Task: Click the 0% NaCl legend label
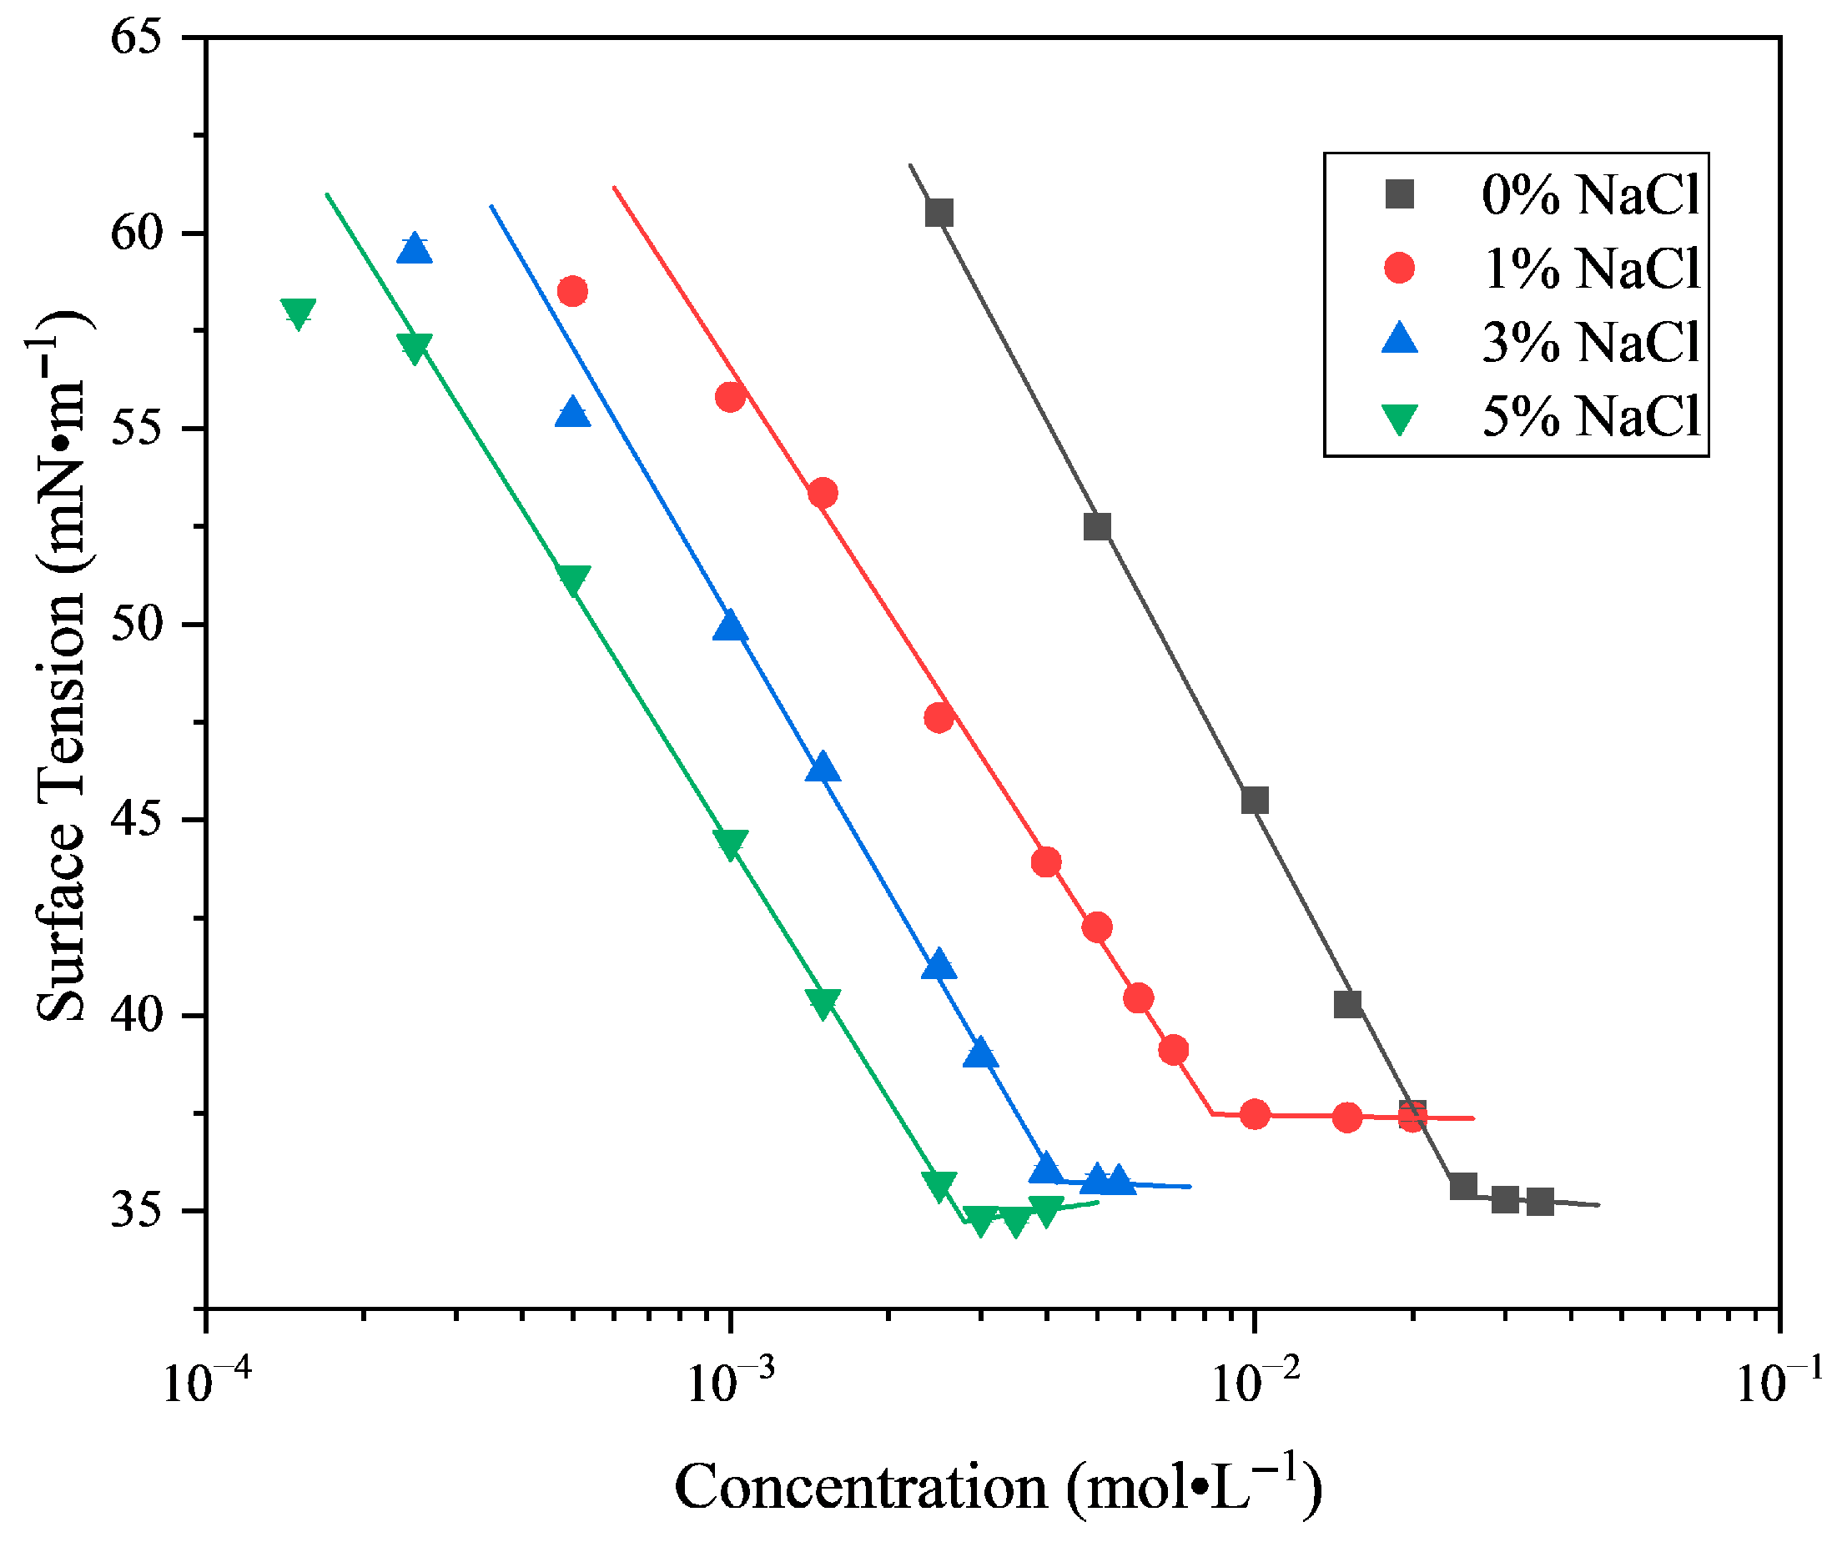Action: pyautogui.click(x=1589, y=194)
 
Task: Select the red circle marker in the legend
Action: pyautogui.click(x=1399, y=267)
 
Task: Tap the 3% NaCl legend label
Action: pyautogui.click(x=1589, y=342)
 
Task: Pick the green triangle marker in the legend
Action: pyautogui.click(x=1399, y=419)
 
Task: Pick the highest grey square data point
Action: pyautogui.click(x=939, y=213)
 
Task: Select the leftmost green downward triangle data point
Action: pyautogui.click(x=298, y=313)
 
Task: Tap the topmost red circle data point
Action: pyautogui.click(x=572, y=291)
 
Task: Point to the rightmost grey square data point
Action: pyautogui.click(x=1540, y=1202)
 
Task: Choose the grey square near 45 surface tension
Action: pyautogui.click(x=1255, y=800)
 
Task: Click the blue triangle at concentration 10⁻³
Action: pyautogui.click(x=730, y=627)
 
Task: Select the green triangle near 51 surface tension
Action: pyautogui.click(x=573, y=580)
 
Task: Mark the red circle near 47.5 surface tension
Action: pyautogui.click(x=939, y=718)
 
